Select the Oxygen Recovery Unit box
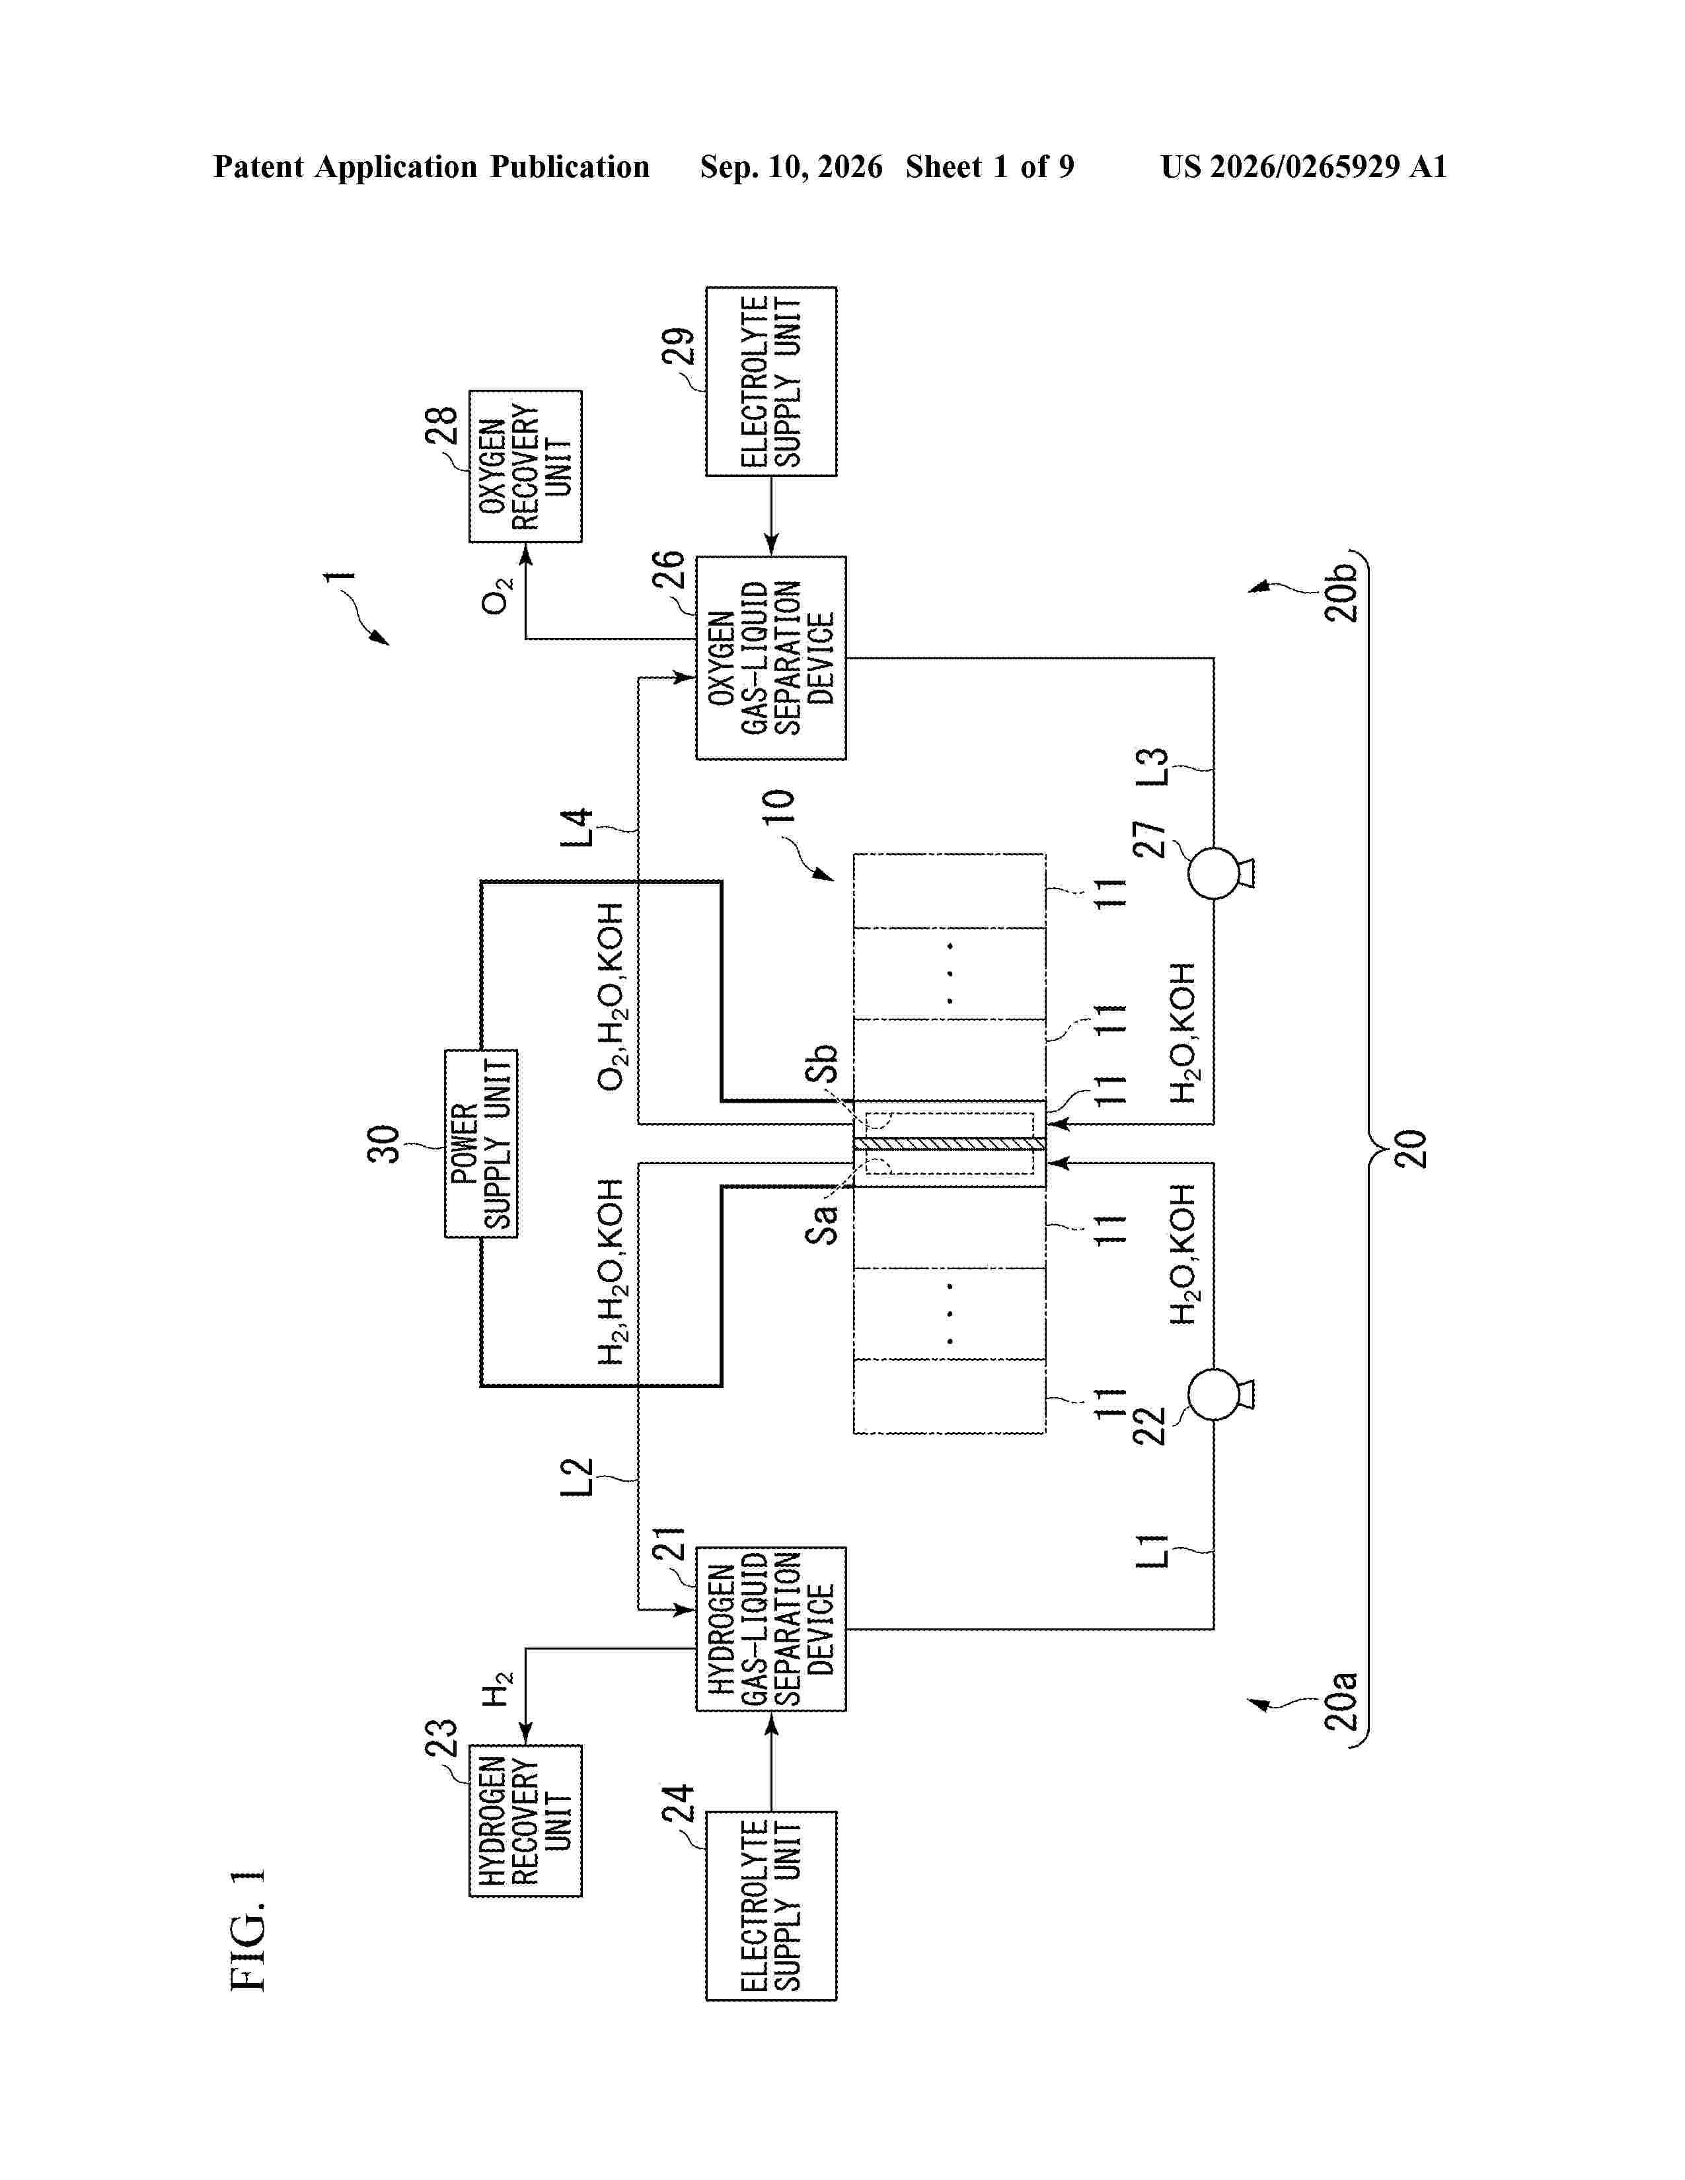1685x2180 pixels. coord(525,466)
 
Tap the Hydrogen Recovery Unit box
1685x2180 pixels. coord(525,1820)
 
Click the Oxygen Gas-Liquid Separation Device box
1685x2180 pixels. coord(770,659)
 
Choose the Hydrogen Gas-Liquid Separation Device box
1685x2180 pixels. coord(770,1629)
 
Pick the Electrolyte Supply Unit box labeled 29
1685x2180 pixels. coord(770,381)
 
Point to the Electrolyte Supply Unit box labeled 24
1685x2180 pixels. coord(770,1905)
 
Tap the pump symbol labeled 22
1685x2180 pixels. coord(1218,1393)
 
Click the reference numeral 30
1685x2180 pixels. coord(385,1144)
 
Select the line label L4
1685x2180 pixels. coord(576,828)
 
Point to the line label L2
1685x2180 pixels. coord(576,1477)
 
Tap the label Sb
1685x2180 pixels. coord(821,1064)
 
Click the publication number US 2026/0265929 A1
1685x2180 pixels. coord(1304,166)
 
